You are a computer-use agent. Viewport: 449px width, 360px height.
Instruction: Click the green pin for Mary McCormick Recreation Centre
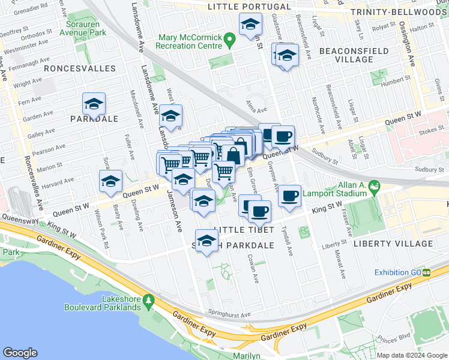point(229,41)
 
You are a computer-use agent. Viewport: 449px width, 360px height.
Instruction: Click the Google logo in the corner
point(20,353)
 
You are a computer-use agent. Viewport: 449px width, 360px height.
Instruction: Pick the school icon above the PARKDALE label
point(94,104)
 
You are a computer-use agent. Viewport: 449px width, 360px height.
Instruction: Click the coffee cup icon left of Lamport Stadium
point(290,195)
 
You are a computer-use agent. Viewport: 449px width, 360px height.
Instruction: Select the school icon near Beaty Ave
point(110,182)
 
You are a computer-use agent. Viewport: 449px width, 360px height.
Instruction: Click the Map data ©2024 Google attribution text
point(411,355)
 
